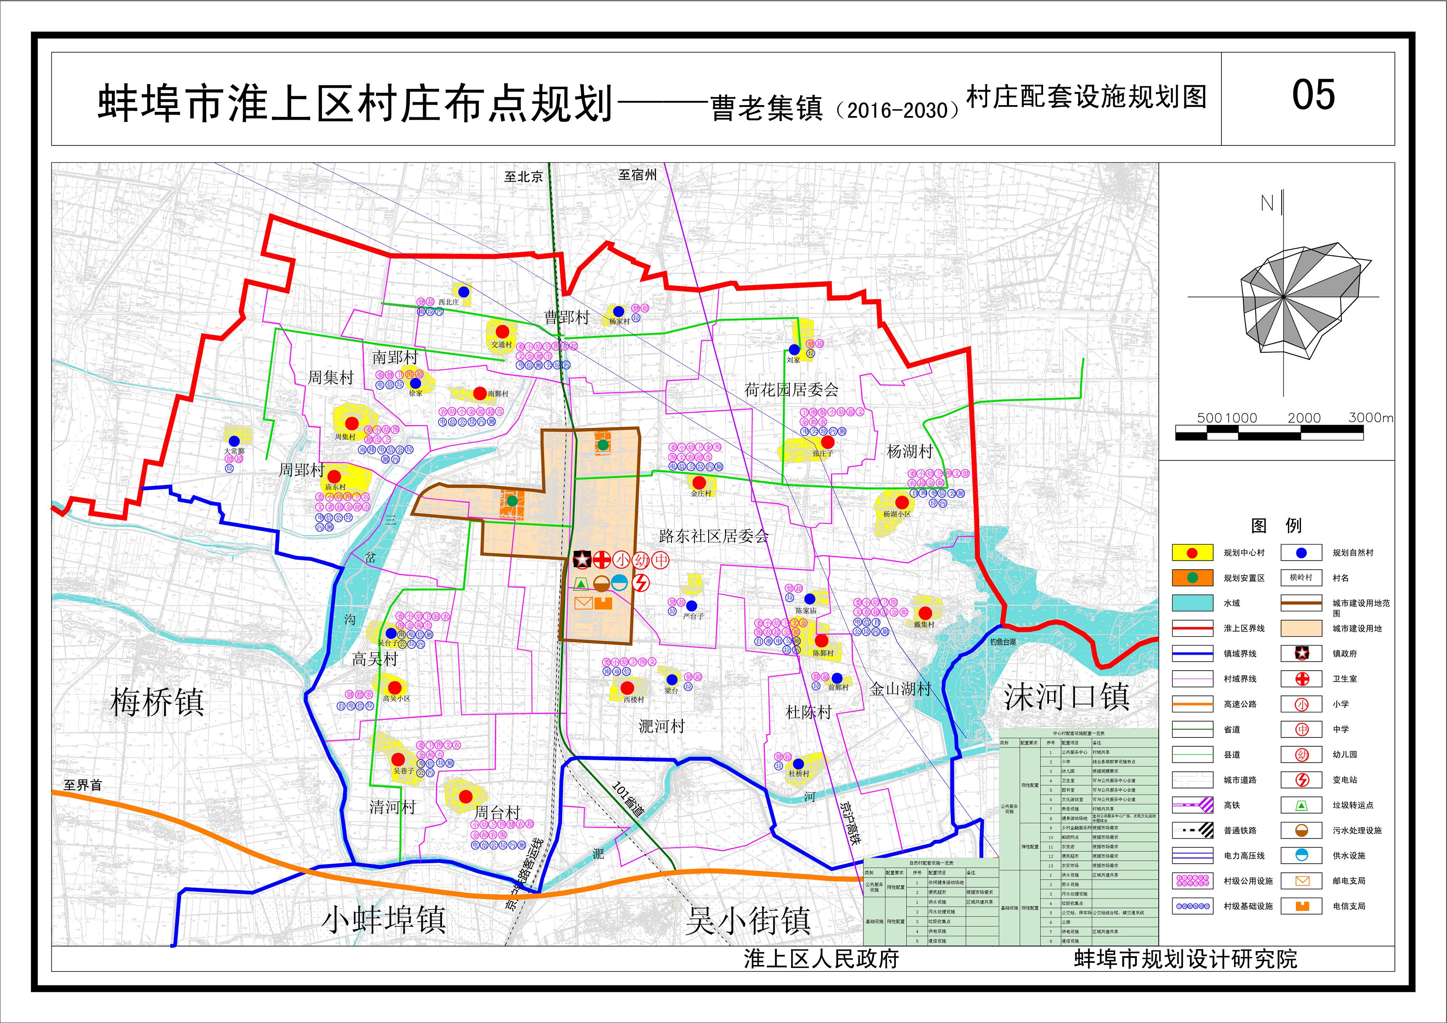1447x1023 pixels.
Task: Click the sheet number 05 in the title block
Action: point(1313,96)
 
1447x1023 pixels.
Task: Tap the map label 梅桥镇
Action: point(157,702)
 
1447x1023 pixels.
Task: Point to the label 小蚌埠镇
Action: point(385,920)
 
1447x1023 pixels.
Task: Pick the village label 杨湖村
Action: point(909,452)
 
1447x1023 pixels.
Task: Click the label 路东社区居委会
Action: point(714,537)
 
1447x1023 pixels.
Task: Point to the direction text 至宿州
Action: point(637,175)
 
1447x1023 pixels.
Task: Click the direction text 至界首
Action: point(82,785)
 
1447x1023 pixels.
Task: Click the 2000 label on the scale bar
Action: point(1304,418)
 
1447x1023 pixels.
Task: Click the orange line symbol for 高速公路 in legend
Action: point(1192,704)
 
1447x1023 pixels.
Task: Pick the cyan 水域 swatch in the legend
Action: point(1192,603)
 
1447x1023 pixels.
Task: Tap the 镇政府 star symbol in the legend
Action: point(1301,654)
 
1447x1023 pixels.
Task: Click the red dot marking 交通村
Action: point(502,331)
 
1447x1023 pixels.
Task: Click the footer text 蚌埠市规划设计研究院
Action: point(1185,960)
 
